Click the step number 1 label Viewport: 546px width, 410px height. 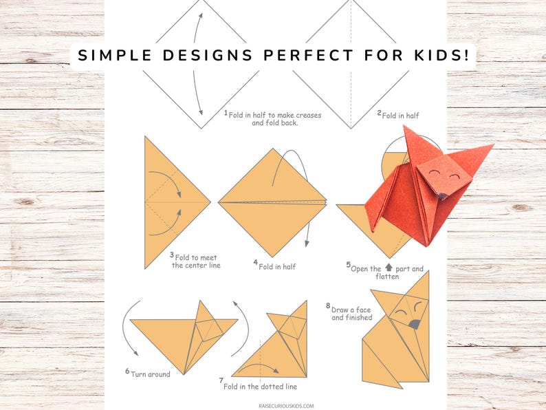[226, 112]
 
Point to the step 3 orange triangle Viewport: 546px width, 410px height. [168, 203]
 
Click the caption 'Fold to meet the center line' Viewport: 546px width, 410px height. [197, 261]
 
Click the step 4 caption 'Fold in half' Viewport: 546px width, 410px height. [276, 266]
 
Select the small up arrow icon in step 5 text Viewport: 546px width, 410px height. [389, 268]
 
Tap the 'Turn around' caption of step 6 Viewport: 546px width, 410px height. [150, 374]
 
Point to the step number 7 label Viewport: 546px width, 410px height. [221, 380]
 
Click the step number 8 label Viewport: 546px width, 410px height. [328, 305]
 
